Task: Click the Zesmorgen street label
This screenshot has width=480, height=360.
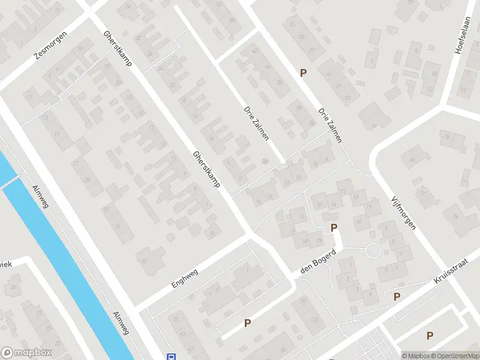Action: pyautogui.click(x=50, y=46)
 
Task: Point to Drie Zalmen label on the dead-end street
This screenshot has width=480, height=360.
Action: pyautogui.click(x=256, y=124)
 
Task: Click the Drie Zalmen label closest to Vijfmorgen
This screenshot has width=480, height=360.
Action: pyautogui.click(x=331, y=125)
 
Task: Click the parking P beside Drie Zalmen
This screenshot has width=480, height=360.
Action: pyautogui.click(x=304, y=73)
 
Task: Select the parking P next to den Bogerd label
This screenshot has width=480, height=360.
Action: pyautogui.click(x=334, y=227)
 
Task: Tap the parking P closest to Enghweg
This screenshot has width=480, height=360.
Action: pyautogui.click(x=247, y=323)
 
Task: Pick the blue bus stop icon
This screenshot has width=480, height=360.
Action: pyautogui.click(x=171, y=356)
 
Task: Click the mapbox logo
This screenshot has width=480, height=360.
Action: pyautogui.click(x=26, y=353)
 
